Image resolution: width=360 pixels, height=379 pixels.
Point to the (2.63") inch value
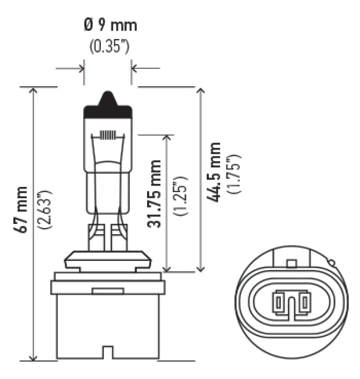click(45, 210)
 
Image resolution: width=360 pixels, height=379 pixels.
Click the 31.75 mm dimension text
click(154, 193)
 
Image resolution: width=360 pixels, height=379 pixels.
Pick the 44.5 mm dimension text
click(215, 172)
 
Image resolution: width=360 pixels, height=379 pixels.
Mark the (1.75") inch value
click(235, 174)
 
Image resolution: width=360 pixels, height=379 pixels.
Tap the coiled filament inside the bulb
click(108, 134)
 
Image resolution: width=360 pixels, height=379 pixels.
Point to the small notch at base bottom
click(108, 352)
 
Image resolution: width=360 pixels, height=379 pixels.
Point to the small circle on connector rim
click(332, 263)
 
